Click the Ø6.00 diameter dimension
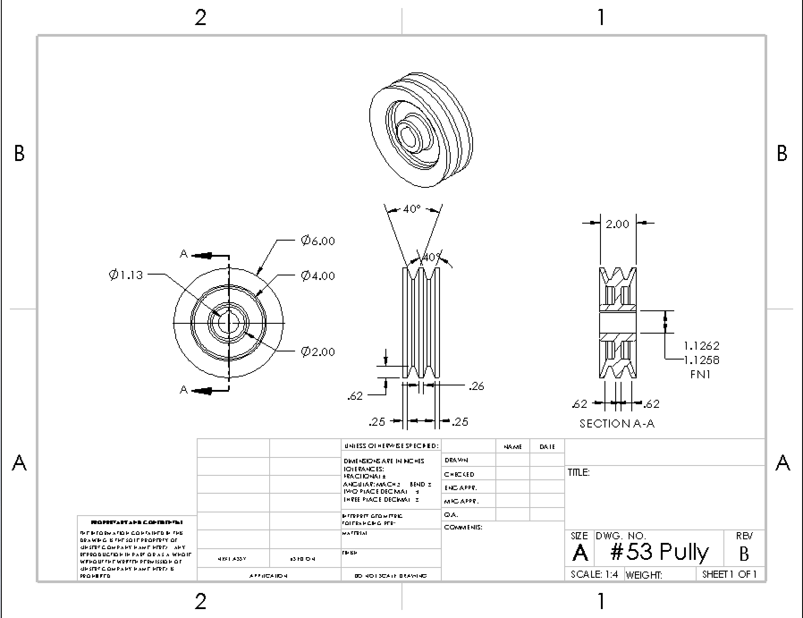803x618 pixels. tap(318, 241)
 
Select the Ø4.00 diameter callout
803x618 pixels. tap(318, 275)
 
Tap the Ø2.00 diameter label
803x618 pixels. tap(318, 352)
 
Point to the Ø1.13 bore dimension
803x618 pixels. tap(126, 275)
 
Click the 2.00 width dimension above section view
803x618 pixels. tap(617, 224)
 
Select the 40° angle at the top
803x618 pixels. tap(412, 209)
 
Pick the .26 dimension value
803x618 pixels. tap(477, 386)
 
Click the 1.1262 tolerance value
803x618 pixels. tap(701, 346)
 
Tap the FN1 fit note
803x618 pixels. tap(700, 374)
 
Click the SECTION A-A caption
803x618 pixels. tap(617, 423)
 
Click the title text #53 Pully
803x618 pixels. tap(659, 552)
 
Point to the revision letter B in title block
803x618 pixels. tap(744, 554)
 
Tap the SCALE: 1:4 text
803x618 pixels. tap(594, 575)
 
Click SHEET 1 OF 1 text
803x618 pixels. tap(729, 575)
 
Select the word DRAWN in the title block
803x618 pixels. tap(456, 460)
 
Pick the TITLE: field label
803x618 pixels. tap(579, 473)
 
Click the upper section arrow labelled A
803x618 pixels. tap(203, 255)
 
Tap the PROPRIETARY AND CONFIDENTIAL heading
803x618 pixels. tap(137, 522)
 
